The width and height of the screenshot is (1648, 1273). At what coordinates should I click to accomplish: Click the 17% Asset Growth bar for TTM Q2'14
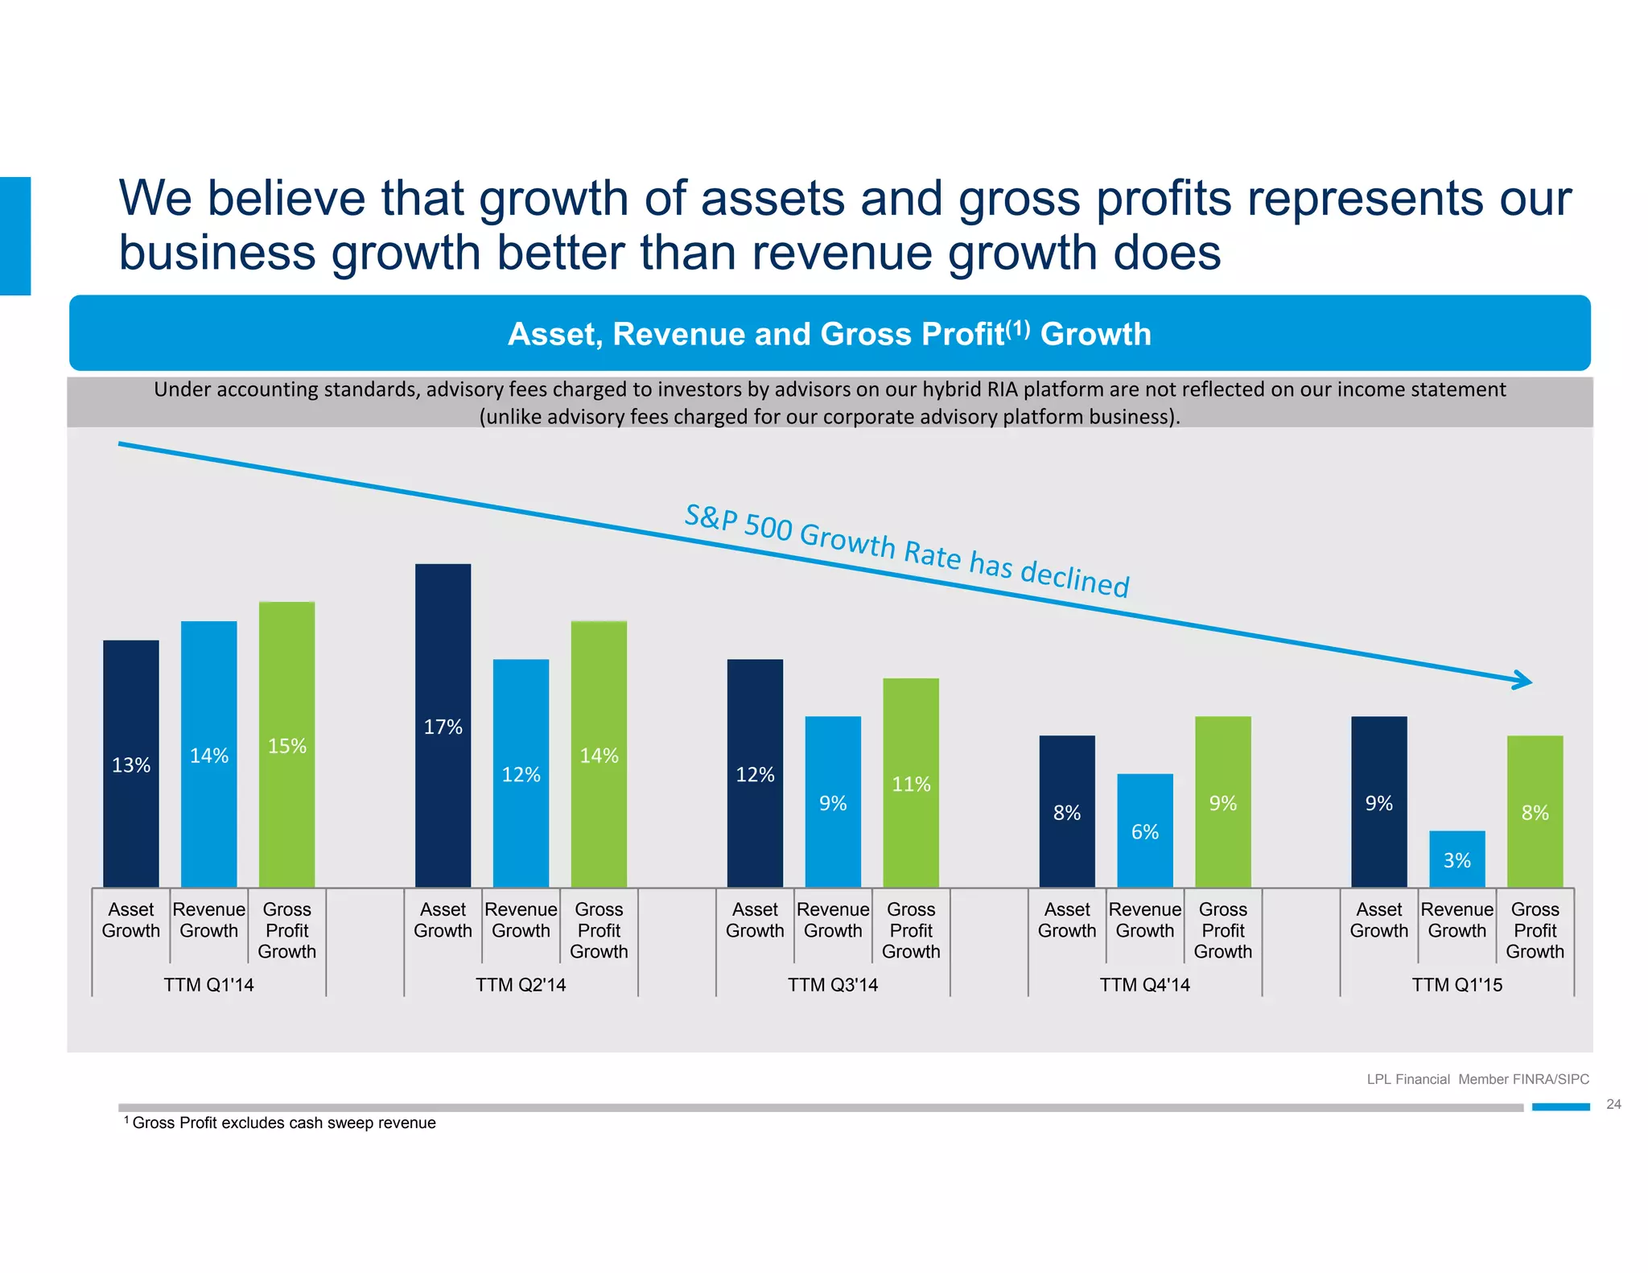(443, 724)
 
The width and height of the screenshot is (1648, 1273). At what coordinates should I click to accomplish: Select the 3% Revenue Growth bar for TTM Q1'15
(1456, 859)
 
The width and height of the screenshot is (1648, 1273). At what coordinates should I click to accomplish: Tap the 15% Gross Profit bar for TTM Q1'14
(286, 744)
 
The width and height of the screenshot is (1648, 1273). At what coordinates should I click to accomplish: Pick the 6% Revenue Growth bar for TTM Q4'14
(1144, 830)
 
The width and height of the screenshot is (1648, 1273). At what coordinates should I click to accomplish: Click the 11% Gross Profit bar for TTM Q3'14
(910, 782)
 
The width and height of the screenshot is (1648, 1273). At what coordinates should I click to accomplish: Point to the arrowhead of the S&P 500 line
(1523, 681)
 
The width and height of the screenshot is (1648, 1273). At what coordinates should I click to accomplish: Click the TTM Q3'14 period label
(832, 984)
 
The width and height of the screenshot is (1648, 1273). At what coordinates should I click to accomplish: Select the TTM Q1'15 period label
(1456, 984)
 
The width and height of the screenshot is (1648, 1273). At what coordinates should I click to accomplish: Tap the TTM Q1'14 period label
(208, 984)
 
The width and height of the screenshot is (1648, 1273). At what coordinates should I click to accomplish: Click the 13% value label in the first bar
(131, 764)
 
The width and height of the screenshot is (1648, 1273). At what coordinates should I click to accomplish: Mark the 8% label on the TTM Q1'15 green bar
(1535, 812)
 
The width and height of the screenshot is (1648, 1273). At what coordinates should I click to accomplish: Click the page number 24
(1613, 1104)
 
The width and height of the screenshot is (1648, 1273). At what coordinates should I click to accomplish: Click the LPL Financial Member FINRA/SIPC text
(1477, 1079)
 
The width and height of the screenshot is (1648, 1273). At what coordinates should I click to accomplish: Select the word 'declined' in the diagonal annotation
(1074, 577)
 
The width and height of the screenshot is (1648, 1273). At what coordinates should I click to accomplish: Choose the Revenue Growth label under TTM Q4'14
(1144, 920)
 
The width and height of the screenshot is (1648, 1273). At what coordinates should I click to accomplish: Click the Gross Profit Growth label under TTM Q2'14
(599, 930)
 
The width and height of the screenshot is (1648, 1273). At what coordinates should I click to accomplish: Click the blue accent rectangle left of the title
(15, 236)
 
